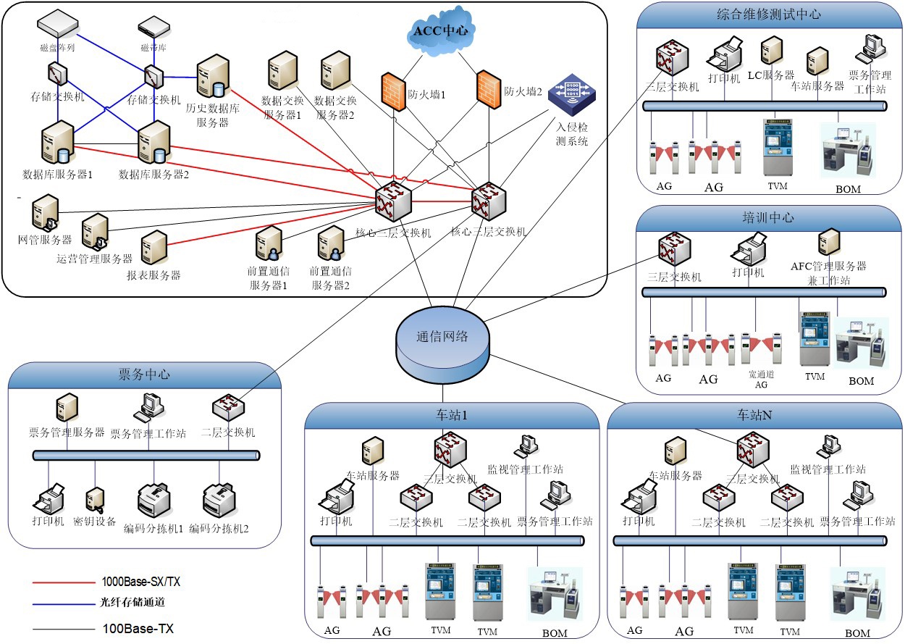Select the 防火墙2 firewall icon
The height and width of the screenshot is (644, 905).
[x=489, y=89]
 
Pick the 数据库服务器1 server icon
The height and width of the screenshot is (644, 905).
[x=58, y=143]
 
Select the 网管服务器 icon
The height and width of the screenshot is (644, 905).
[x=44, y=214]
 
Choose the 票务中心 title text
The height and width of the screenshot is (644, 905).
[x=144, y=374]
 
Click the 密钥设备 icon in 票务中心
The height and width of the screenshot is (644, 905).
[x=95, y=499]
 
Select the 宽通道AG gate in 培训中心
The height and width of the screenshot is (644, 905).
[x=761, y=347]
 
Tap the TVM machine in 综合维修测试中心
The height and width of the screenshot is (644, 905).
[x=778, y=147]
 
